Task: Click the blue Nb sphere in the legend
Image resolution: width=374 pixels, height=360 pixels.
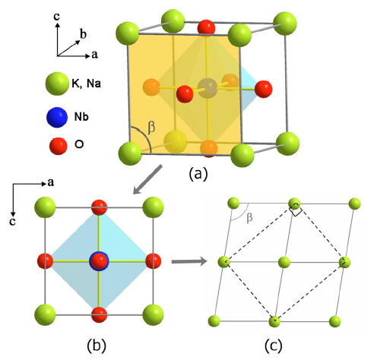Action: click(57, 117)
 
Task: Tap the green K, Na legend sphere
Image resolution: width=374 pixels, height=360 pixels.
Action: click(57, 84)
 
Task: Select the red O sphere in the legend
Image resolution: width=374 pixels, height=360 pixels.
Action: click(59, 146)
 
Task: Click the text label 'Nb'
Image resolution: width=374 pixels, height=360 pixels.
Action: click(81, 117)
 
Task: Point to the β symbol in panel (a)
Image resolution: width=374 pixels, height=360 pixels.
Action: click(151, 127)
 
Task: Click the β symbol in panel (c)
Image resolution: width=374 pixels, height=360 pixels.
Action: click(249, 217)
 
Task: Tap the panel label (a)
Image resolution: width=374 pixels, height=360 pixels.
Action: click(198, 174)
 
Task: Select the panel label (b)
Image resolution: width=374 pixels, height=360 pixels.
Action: click(97, 346)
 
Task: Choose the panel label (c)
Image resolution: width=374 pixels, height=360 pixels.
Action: click(273, 346)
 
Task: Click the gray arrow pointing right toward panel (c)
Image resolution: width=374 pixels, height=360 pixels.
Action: click(189, 261)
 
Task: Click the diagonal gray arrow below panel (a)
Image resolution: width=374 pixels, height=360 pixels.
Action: click(147, 180)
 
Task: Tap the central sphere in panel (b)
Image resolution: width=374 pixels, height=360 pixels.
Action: click(99, 261)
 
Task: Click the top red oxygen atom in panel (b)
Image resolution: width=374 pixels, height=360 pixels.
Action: click(99, 207)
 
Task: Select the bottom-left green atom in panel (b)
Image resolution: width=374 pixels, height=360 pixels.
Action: click(45, 314)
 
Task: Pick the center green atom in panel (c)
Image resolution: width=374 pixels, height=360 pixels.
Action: click(284, 262)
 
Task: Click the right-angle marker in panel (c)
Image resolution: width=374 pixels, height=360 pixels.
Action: click(296, 210)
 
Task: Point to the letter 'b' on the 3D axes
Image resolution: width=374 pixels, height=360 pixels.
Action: click(83, 33)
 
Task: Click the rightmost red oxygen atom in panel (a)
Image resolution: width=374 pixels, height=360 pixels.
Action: click(264, 89)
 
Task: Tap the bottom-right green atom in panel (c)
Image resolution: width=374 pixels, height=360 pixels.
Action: click(334, 321)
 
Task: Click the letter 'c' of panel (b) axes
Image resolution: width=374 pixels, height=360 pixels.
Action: click(12, 222)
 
